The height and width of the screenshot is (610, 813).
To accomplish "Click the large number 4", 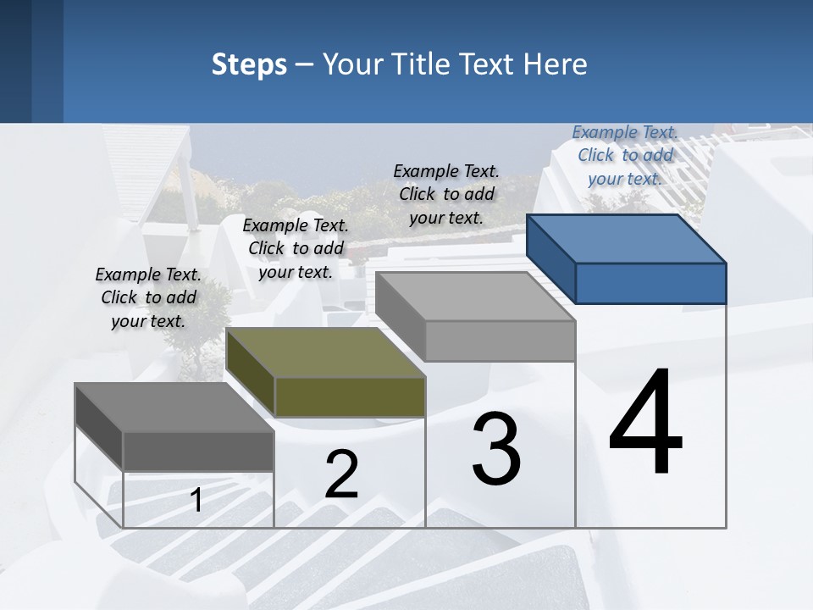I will point(645,424).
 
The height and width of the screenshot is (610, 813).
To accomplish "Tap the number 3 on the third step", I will point(496,450).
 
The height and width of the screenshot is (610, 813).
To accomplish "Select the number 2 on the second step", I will point(341,474).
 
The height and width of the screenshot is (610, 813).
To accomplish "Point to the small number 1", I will point(196,501).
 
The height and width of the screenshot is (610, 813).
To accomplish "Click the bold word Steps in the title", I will point(249,64).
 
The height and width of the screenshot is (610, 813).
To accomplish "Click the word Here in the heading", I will point(555,64).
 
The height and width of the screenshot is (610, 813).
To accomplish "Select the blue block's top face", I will point(627,238).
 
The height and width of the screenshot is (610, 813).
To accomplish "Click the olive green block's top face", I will point(325,352).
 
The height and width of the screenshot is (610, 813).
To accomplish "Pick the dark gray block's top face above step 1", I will point(174,408).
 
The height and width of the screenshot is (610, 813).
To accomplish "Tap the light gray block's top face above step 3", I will point(475,296).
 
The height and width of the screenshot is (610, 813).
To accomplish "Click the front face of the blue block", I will point(650,283).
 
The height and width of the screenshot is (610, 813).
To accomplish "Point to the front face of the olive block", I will point(350,396).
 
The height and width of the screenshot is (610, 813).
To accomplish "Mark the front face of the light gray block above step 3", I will point(500,341).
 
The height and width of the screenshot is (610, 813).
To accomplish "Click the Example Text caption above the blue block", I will point(625,155).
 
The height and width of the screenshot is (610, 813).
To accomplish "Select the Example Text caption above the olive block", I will point(296,248).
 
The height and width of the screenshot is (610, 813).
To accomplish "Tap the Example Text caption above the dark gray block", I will point(148,297).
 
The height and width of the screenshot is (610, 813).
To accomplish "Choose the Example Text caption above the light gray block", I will point(446,194).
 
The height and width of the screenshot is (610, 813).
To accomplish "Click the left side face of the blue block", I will point(550,258).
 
